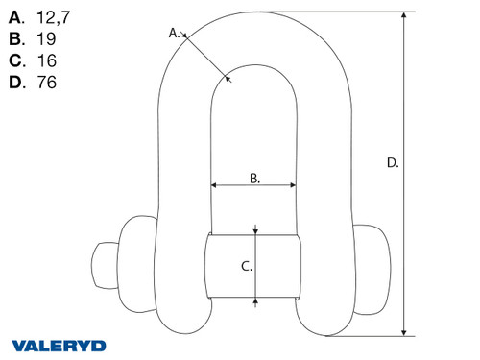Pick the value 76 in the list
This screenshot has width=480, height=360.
coord(44,84)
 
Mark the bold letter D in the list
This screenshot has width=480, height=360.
coord(14,84)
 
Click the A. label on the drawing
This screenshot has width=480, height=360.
coord(175,33)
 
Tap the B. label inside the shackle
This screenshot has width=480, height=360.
coord(254,177)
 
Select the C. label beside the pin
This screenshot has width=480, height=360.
coord(246,266)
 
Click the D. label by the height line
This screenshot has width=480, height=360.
coord(392,163)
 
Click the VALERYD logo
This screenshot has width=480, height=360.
coord(60,344)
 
